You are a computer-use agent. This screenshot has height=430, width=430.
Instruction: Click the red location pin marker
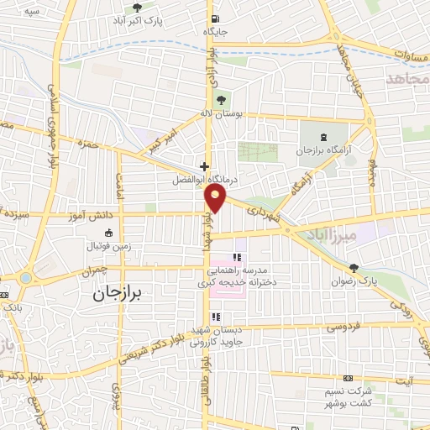pyautogui.click(x=217, y=198)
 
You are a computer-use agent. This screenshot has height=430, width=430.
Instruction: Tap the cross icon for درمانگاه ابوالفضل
pyautogui.click(x=204, y=166)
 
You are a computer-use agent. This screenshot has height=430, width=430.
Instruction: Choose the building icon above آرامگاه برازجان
pyautogui.click(x=325, y=135)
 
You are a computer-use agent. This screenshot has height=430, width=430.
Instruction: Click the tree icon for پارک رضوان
pyautogui.click(x=354, y=269)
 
